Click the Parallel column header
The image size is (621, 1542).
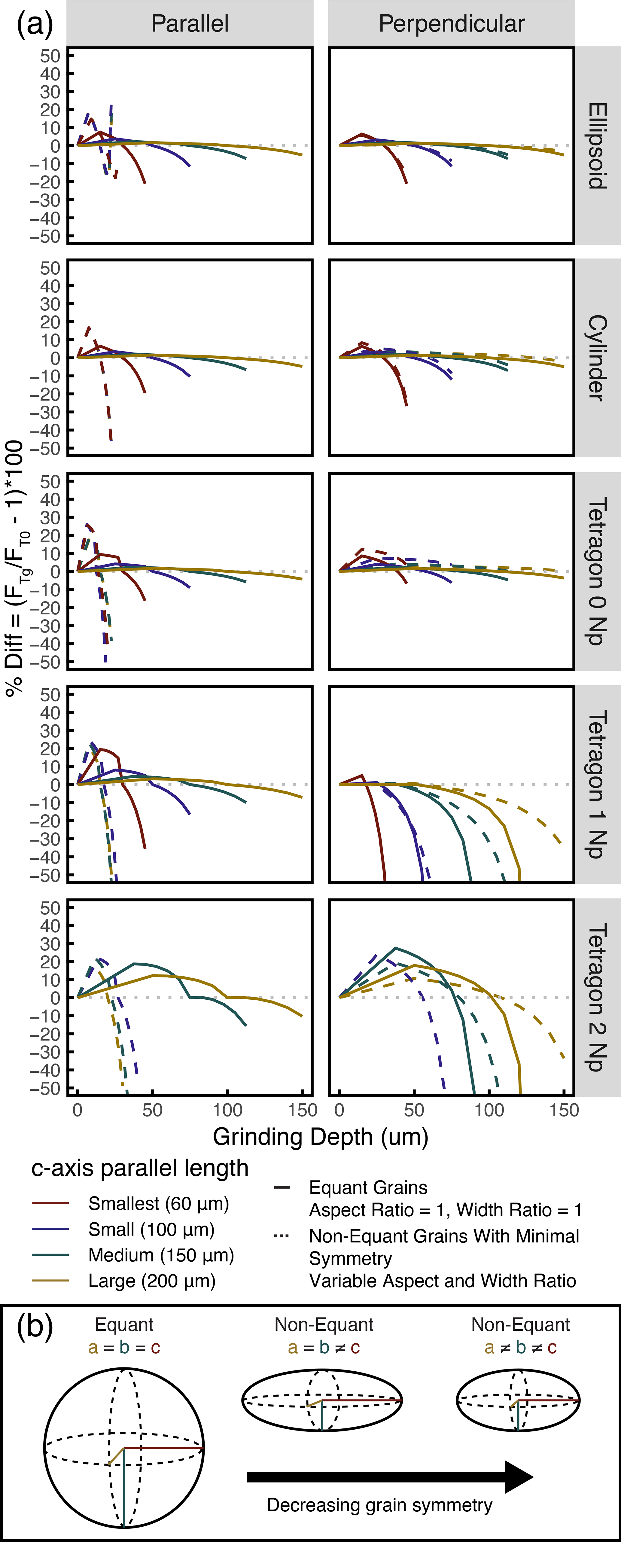[x=190, y=24]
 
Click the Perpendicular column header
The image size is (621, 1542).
[x=452, y=24]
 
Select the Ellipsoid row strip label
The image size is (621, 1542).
[x=597, y=145]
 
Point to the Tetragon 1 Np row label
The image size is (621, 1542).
[x=597, y=784]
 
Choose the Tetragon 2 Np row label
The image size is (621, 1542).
[x=597, y=997]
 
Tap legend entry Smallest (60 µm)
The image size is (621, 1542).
[x=159, y=1204]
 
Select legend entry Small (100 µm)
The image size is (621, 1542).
[x=151, y=1230]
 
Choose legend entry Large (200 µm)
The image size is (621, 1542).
[x=152, y=1281]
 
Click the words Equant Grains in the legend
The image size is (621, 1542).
[x=368, y=1188]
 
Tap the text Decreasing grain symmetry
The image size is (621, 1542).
[x=379, y=1505]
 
